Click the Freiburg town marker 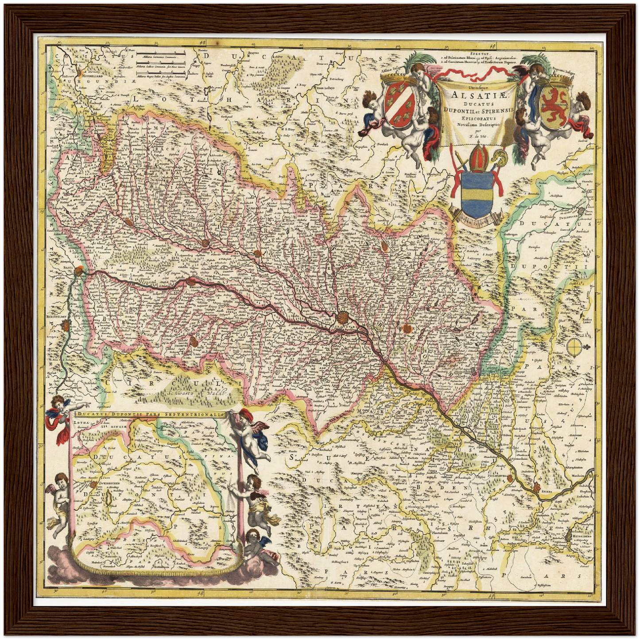point(194,342)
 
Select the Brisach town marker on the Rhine point(191,281)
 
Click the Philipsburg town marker point(510,478)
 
